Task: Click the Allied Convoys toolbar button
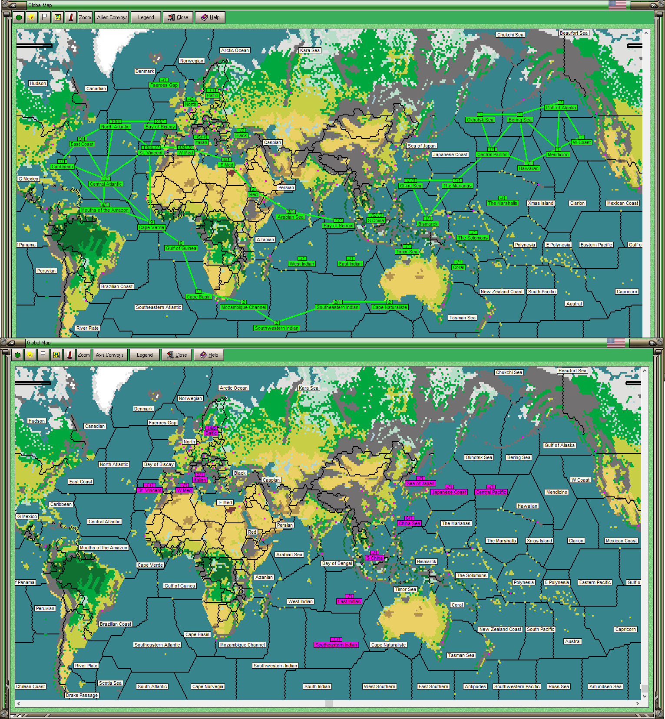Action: (x=112, y=17)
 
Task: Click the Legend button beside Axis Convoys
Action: (x=145, y=355)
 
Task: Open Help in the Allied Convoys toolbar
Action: (x=211, y=17)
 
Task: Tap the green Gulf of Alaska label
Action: (x=561, y=108)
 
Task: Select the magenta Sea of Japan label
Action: (x=420, y=483)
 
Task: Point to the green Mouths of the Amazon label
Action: (x=105, y=210)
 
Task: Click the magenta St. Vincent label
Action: (x=149, y=490)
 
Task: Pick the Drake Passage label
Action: (x=82, y=695)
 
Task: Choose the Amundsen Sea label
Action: (x=605, y=686)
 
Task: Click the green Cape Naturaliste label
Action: (x=390, y=307)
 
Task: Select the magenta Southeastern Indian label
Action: (x=336, y=645)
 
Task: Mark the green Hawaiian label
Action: (x=529, y=168)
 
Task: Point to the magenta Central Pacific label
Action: (x=491, y=492)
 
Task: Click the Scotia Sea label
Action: (x=110, y=683)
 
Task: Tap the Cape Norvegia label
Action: (x=208, y=686)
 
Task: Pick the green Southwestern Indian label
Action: (x=277, y=328)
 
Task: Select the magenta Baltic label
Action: (x=211, y=433)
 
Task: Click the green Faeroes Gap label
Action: (x=164, y=85)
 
